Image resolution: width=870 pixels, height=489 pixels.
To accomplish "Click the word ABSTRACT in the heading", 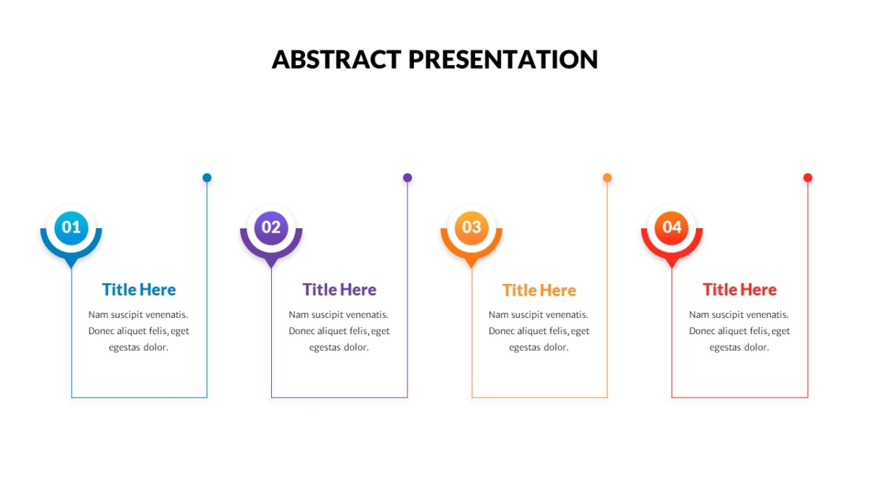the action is (336, 59).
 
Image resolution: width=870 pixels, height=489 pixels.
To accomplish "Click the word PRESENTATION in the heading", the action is (503, 59).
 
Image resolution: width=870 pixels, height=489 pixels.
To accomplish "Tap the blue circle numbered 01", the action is (71, 227).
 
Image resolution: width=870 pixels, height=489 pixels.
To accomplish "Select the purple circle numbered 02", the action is (271, 227).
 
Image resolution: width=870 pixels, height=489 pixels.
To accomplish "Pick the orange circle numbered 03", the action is (471, 227).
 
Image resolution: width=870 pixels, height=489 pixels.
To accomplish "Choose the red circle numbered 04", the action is (671, 227).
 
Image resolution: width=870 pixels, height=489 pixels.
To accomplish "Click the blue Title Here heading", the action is (139, 290).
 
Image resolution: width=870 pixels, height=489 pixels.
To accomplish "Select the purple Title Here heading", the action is (339, 290).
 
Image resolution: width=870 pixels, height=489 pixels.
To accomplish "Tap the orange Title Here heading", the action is (539, 291).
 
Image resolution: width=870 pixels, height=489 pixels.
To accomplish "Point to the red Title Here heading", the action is (739, 290).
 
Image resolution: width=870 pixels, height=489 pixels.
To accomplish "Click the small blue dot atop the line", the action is (207, 177).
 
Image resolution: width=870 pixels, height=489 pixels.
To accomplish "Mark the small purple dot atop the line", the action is (407, 177).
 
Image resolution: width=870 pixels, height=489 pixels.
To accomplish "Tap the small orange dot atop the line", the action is (607, 177).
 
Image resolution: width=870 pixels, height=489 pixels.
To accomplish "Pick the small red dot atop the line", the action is (808, 177).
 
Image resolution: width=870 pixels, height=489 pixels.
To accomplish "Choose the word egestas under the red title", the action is (724, 348).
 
